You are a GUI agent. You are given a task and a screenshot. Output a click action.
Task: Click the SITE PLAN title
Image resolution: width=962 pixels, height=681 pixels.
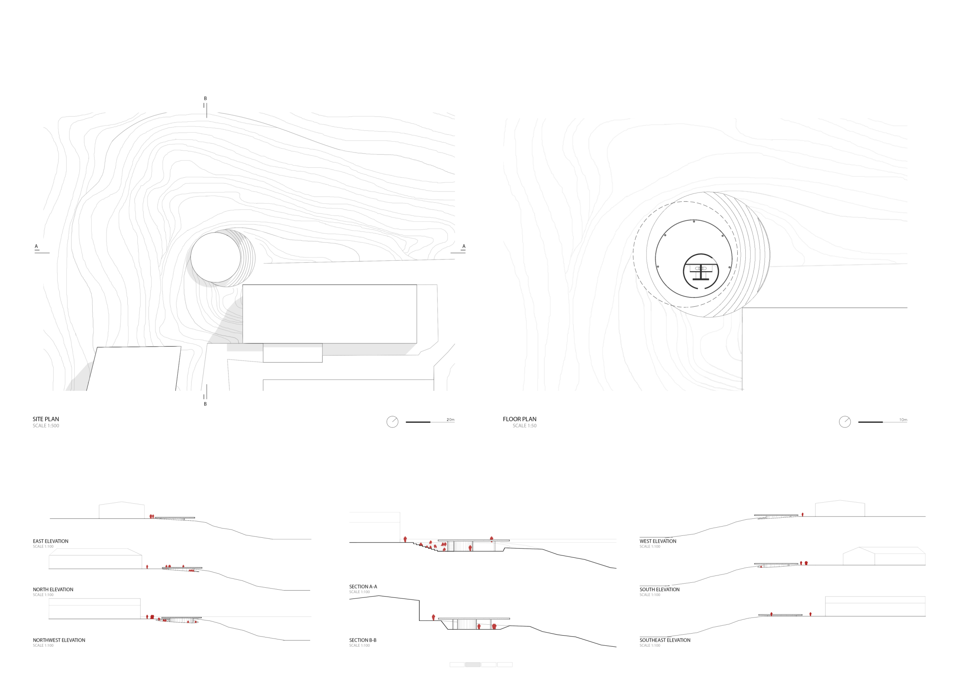pos(46,419)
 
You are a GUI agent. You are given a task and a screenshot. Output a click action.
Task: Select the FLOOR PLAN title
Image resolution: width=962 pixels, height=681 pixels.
pos(519,419)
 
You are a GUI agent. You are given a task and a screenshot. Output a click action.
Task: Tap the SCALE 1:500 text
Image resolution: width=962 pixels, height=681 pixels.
pos(46,426)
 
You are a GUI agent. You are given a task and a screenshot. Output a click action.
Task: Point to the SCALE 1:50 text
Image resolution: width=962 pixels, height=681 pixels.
pos(524,426)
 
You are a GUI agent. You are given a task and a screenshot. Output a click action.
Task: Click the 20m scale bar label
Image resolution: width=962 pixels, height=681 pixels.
pos(451,420)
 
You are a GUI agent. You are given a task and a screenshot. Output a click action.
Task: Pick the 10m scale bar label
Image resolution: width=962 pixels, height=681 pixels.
pos(904,420)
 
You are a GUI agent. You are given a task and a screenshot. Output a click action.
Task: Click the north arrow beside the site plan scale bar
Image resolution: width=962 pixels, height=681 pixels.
pos(392,422)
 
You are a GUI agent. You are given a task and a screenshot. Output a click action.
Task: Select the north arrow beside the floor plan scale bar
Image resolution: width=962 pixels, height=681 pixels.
pos(845,422)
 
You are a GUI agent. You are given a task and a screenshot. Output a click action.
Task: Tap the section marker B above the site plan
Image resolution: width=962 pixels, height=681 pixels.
pos(205,99)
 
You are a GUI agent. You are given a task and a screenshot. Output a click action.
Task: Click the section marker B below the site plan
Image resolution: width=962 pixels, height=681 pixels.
pos(205,404)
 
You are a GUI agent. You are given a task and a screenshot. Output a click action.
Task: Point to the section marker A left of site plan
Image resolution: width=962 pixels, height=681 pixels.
pos(37,247)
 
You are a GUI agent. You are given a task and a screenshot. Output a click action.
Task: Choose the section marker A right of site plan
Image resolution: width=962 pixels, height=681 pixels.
pos(464,247)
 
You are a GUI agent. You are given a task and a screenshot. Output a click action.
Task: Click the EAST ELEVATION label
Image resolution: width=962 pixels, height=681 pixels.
pos(51,541)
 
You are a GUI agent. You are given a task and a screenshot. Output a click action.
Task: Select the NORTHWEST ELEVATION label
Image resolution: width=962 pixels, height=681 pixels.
pos(59,640)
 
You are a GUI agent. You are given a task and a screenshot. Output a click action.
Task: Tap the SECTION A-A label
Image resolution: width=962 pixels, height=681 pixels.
pos(363,587)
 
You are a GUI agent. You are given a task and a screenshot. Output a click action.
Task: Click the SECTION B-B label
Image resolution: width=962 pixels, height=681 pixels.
pos(363,640)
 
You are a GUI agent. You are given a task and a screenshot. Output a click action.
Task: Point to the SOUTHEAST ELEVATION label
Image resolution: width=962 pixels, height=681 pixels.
pos(665,640)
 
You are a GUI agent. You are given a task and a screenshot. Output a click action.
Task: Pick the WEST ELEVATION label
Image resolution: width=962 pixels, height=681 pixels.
pos(658,541)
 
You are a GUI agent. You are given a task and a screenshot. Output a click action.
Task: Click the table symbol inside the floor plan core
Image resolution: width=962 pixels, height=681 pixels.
pos(701,268)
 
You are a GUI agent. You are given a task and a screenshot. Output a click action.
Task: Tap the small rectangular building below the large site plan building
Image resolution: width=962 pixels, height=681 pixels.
pos(292,353)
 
